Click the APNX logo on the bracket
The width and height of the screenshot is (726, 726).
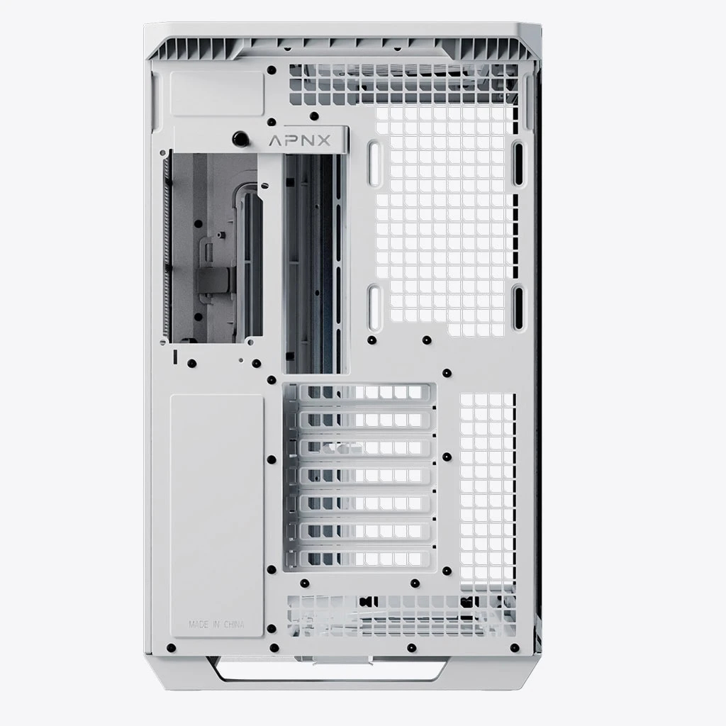pos(300,140)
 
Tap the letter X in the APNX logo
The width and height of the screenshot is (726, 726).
pos(323,140)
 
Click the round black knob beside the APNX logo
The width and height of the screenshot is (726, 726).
pos(240,138)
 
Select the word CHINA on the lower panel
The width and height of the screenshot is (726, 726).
pos(234,625)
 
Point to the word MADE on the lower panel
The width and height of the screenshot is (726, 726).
pos(199,625)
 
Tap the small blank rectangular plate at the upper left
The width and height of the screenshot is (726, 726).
pos(217,94)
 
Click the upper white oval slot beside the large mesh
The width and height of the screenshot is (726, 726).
pos(374,164)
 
